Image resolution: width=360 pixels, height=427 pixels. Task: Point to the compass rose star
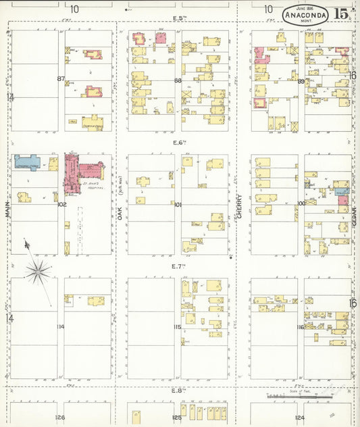coord(38,272)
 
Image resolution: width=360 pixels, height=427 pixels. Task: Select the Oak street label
coord(120,211)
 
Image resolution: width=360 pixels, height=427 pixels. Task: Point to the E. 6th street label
coord(179,143)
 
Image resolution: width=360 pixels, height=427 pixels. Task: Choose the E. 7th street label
coord(179,266)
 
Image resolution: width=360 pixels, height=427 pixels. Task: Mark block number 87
coord(61,79)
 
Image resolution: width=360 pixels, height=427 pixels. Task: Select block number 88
coord(178,81)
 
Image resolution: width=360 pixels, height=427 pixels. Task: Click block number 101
coord(178,204)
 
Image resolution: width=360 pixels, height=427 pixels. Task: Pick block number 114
coord(61,327)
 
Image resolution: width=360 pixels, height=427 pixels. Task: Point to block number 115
coord(178,327)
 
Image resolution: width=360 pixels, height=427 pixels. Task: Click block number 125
coord(176,418)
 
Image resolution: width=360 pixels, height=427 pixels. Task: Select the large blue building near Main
coord(30,161)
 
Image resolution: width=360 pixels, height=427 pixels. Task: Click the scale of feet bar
coord(282,395)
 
